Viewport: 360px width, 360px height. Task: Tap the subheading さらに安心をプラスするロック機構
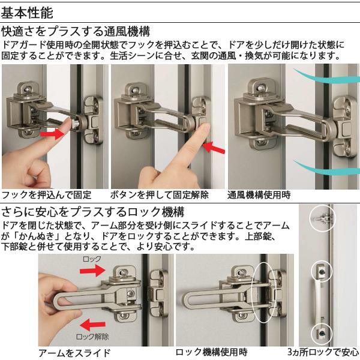(92, 212)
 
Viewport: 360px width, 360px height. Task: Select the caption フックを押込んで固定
(47, 195)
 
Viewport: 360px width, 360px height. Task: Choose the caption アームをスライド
(74, 352)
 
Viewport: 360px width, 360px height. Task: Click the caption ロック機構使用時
(211, 352)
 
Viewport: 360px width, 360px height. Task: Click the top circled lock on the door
(322, 219)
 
